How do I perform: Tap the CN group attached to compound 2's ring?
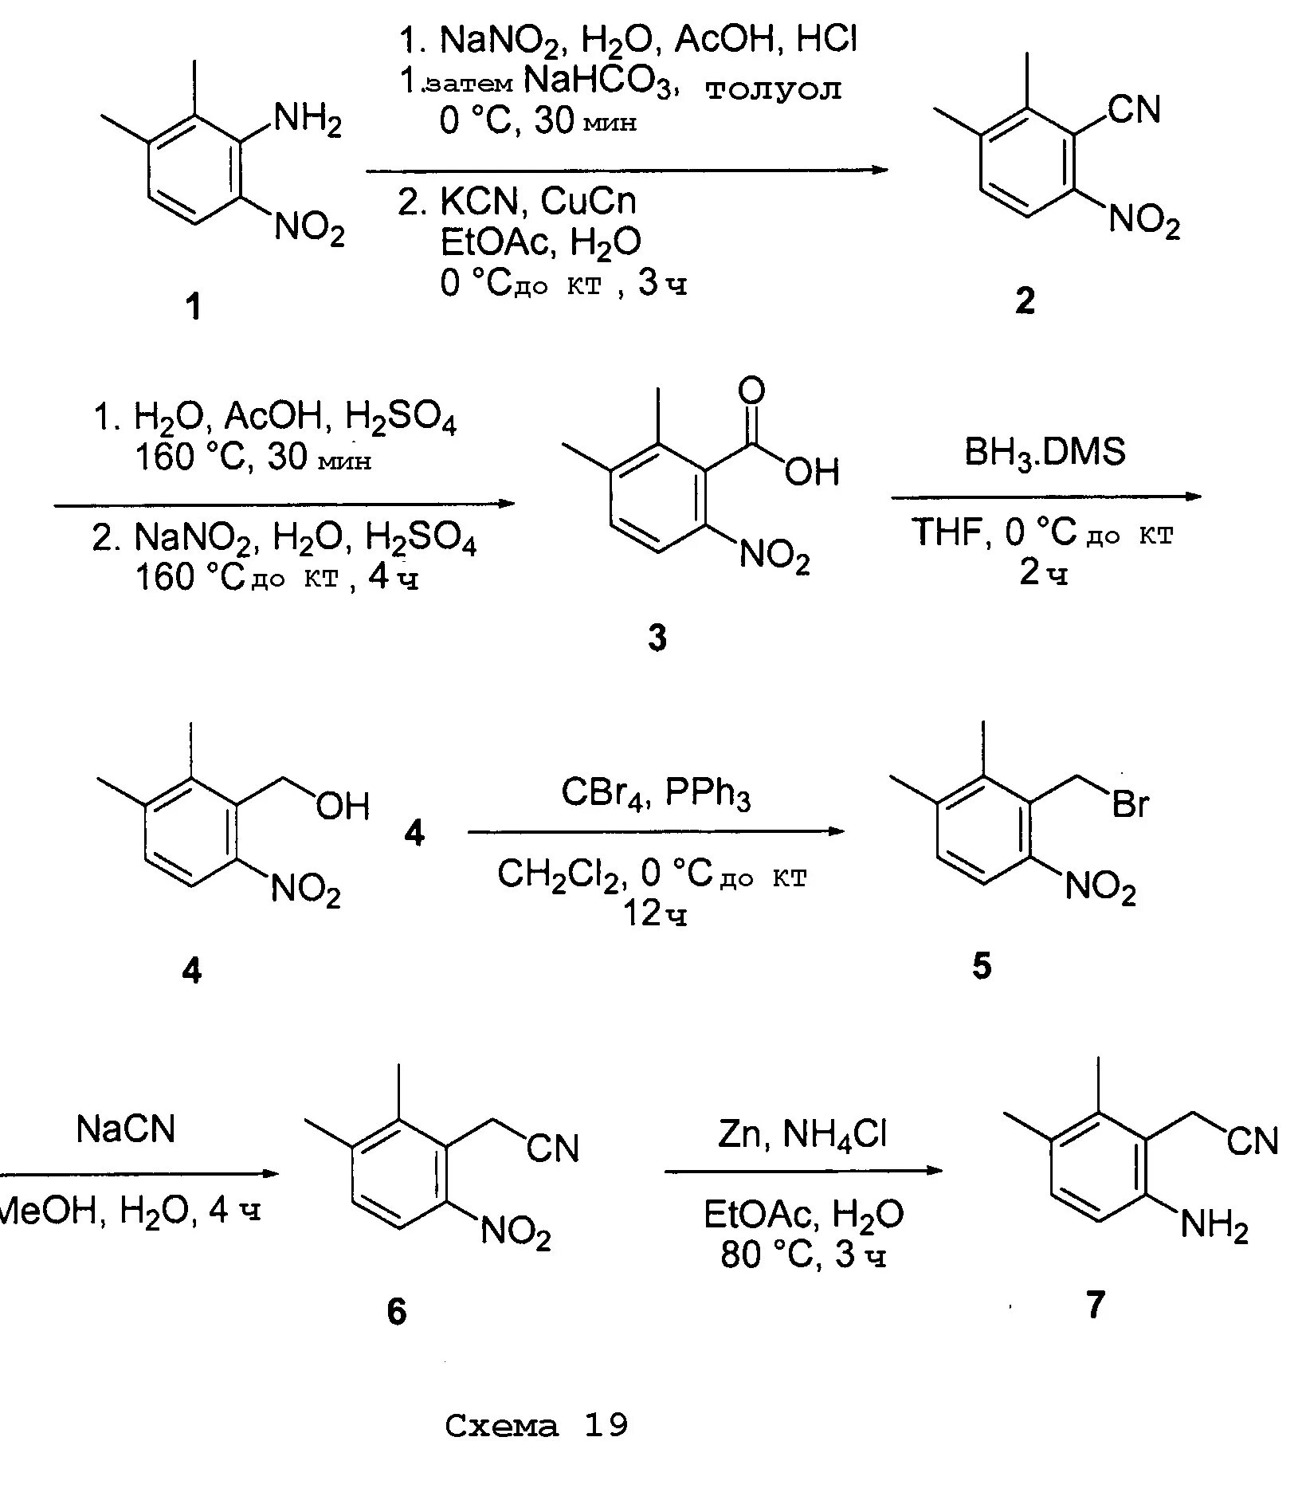[x=1135, y=110]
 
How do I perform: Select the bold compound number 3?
[x=657, y=638]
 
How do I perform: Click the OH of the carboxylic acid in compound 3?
[x=812, y=473]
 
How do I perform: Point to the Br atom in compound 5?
[x=1131, y=805]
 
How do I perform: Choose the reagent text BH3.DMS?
[x=1045, y=452]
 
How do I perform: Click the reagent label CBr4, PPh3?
[x=656, y=794]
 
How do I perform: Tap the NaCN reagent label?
[x=125, y=1129]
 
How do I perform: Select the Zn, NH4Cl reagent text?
[x=802, y=1133]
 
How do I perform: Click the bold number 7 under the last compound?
[x=1096, y=1305]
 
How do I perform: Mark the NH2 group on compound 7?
[x=1214, y=1223]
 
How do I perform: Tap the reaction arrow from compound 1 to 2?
[x=626, y=170]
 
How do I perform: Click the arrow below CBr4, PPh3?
[x=656, y=831]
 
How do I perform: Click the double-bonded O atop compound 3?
[x=751, y=391]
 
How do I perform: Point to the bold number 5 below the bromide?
[x=982, y=966]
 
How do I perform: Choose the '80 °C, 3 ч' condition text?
[x=803, y=1255]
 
